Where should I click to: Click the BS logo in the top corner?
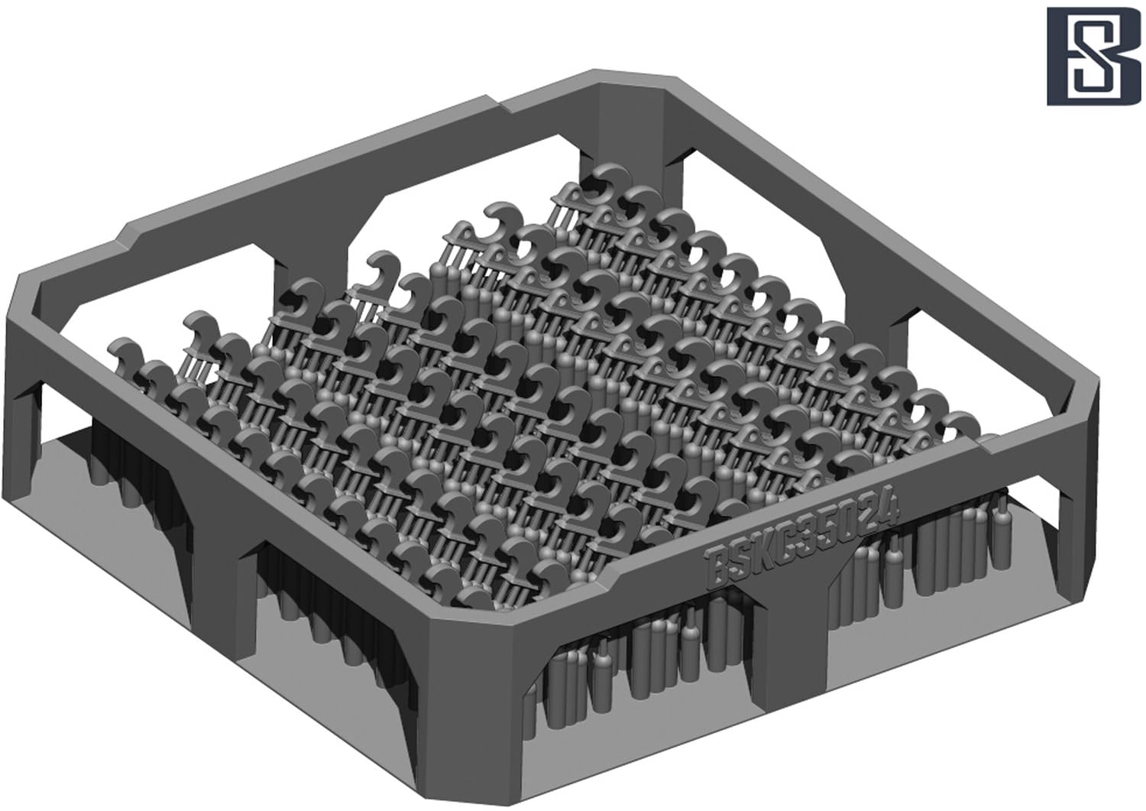click(x=1093, y=57)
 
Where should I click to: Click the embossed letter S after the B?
click(x=740, y=560)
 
